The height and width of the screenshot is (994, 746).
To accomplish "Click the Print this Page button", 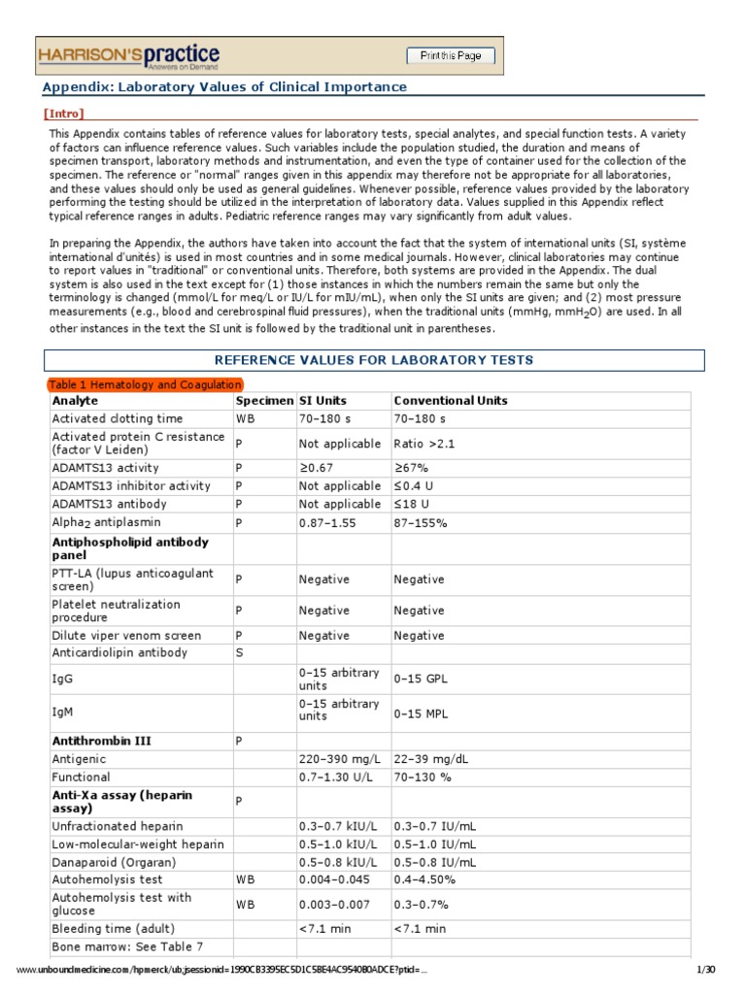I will [x=450, y=56].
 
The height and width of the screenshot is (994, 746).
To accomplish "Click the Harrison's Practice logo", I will [x=128, y=57].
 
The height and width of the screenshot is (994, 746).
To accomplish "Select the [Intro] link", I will [x=64, y=114].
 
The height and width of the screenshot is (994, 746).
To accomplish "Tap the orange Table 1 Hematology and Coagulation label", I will [x=145, y=384].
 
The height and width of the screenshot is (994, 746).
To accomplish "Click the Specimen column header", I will [x=264, y=400].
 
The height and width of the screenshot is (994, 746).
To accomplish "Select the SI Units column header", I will [x=322, y=400].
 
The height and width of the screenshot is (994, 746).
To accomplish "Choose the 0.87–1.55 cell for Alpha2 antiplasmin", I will [x=329, y=522].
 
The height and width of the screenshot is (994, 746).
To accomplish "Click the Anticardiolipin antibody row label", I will [x=119, y=653].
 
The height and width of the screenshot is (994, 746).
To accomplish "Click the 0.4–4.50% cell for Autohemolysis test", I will [x=424, y=879].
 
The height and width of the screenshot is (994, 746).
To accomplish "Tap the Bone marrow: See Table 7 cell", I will [x=127, y=946].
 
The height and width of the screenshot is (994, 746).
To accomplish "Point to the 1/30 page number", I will [x=705, y=971].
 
